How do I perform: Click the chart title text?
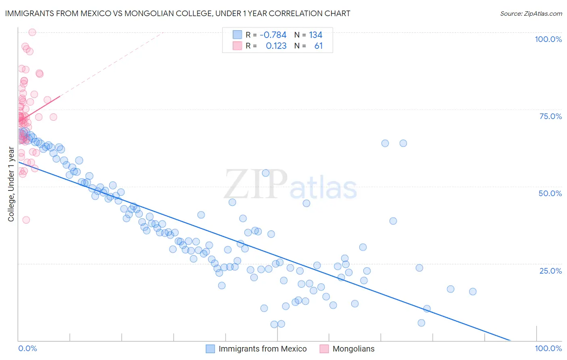tap(177, 13)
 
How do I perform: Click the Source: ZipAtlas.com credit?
tap(531, 13)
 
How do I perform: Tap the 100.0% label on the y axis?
tap(548, 39)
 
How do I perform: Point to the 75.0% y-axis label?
tap(550, 116)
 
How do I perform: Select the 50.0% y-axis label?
tap(550, 193)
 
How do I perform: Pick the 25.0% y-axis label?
tap(550, 271)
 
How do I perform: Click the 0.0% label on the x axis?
tap(27, 348)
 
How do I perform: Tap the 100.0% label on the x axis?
tap(548, 348)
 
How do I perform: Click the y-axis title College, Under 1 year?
tap(11, 184)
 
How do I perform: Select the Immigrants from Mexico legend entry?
tap(263, 349)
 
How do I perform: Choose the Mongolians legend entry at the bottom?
tap(353, 349)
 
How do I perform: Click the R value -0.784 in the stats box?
tap(273, 35)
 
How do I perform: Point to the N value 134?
tap(315, 35)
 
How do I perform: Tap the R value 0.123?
tap(276, 46)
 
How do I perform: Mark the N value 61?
tap(318, 46)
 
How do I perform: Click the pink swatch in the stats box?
tap(237, 46)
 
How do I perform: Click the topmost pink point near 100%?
tap(32, 32)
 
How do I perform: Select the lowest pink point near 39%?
tap(26, 220)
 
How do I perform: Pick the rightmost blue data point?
tap(473, 291)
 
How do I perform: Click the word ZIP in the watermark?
tap(256, 184)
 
